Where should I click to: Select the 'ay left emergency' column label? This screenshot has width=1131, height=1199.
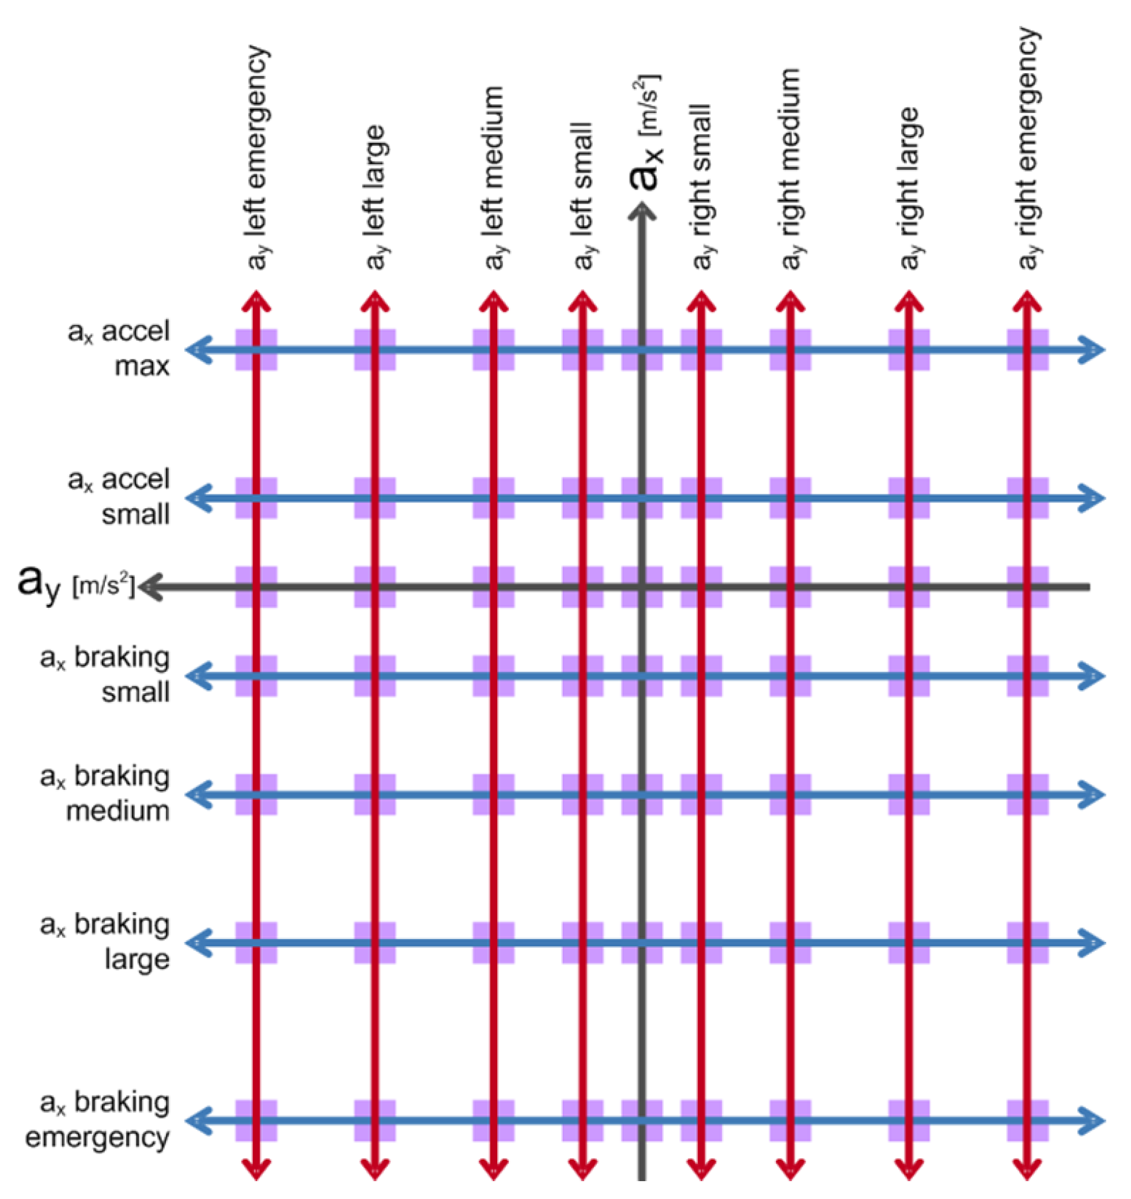[257, 157]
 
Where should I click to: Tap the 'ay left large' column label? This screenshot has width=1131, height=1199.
[375, 196]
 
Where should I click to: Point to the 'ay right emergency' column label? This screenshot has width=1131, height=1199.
[1028, 147]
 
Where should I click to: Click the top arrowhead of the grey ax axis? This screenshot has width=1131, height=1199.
[642, 211]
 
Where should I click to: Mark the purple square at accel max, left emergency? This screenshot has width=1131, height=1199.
[256, 349]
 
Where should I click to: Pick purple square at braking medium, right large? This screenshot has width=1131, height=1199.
[909, 795]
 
